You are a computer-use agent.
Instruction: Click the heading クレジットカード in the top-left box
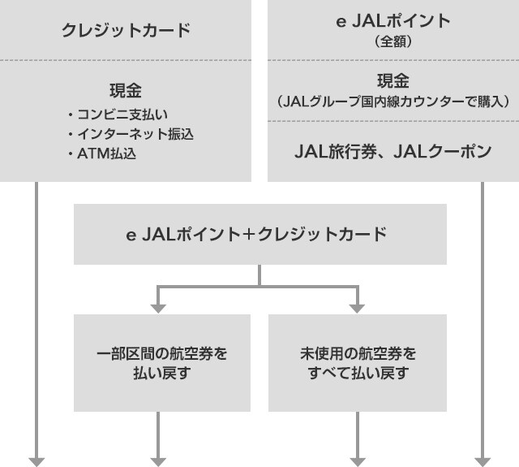point(126,31)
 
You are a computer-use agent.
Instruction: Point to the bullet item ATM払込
point(106,152)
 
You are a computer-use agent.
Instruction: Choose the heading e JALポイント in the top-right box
point(392,22)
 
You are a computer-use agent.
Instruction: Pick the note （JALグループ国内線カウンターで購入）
point(392,102)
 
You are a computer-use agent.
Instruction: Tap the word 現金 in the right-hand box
point(392,81)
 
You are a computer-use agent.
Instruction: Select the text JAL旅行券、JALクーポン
point(392,151)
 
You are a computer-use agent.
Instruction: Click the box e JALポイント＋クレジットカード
point(259,235)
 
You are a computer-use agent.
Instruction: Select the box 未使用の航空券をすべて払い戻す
point(358,364)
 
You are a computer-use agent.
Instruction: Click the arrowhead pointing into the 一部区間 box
point(158,307)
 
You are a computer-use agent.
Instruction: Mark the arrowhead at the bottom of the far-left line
point(37,461)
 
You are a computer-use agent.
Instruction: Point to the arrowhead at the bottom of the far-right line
point(483,461)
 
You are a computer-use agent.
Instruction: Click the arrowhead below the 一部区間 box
point(158,461)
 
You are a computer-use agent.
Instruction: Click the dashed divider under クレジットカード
point(126,60)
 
